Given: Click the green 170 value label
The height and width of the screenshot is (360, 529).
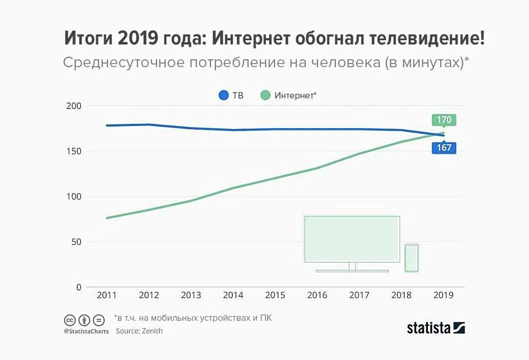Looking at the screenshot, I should (x=443, y=120).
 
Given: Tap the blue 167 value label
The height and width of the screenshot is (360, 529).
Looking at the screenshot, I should (x=443, y=148).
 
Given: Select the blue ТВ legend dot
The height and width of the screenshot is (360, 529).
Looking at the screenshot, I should (x=223, y=96).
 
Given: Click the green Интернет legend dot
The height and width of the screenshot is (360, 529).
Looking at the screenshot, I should (x=265, y=96).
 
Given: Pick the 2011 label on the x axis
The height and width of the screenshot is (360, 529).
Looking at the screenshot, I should (x=107, y=295).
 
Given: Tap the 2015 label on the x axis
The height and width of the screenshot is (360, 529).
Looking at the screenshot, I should (x=275, y=295).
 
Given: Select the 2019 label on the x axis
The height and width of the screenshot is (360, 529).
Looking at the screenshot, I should (x=443, y=295).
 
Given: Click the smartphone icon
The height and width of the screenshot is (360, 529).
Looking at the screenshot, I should (x=412, y=258).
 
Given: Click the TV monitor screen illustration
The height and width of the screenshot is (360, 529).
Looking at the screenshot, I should (x=352, y=239).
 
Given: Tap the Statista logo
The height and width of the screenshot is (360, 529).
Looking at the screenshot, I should (x=436, y=328).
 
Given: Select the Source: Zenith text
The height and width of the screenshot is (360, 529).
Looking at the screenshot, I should (x=139, y=331).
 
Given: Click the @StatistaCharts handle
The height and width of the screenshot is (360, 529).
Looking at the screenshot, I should (x=86, y=331).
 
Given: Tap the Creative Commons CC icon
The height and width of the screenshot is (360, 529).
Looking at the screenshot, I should (x=69, y=320).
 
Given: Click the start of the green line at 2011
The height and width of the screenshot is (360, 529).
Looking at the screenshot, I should (x=107, y=218).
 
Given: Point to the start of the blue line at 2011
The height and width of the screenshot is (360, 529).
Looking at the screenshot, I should (x=107, y=125).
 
